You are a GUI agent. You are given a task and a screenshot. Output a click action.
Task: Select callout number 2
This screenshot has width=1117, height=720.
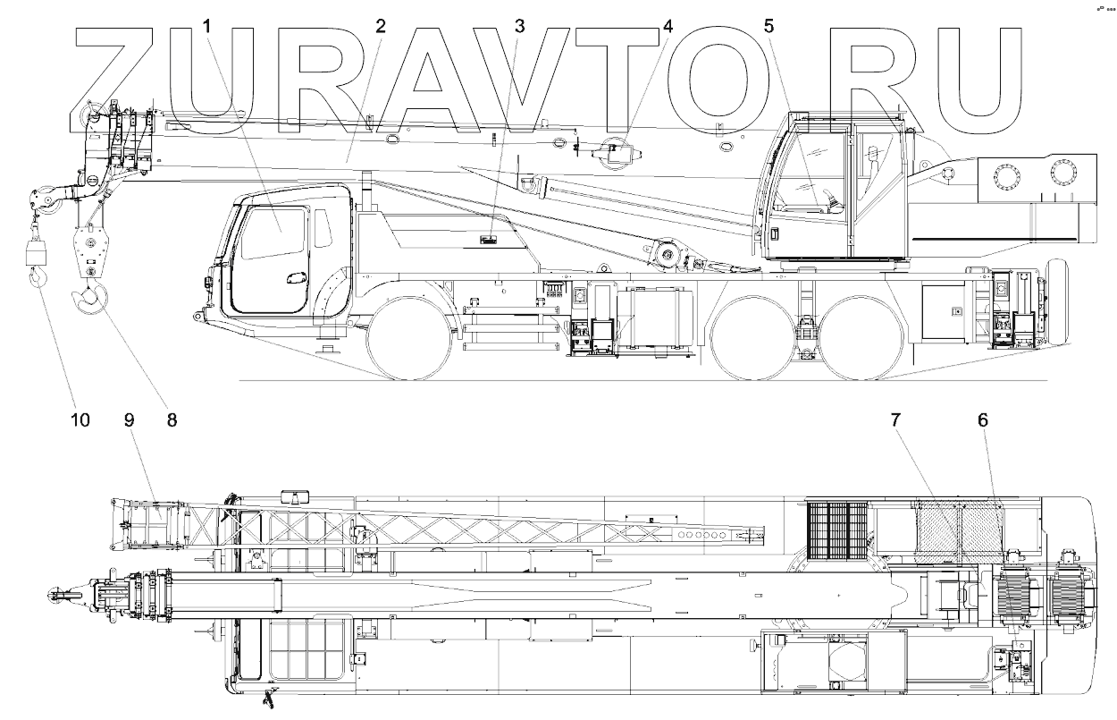[381, 27]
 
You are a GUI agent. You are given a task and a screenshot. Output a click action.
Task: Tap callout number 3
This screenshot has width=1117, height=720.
[520, 27]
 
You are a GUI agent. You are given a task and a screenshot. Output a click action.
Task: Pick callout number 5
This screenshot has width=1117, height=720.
[768, 27]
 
